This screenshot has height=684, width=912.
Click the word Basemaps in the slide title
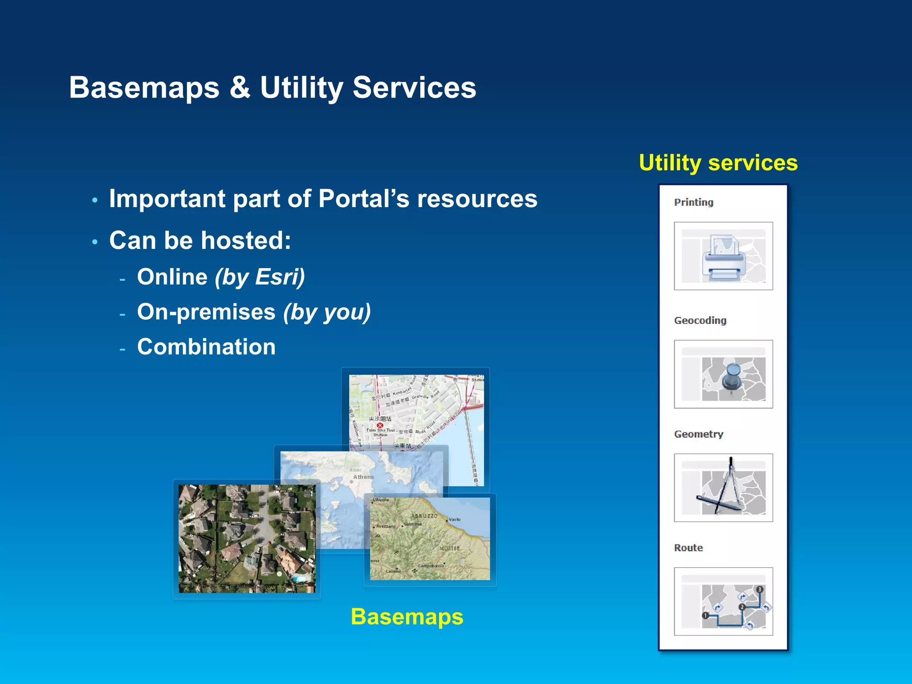[144, 88]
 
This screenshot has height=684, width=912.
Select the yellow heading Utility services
[718, 163]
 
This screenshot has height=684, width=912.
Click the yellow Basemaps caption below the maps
[407, 617]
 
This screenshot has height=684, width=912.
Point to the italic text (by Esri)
[260, 277]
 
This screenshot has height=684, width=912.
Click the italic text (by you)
[327, 312]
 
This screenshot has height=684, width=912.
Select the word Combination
[206, 347]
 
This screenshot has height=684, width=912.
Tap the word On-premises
[206, 312]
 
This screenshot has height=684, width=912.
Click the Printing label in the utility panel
[693, 203]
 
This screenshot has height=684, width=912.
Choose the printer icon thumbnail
[723, 256]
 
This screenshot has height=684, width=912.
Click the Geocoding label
[700, 321]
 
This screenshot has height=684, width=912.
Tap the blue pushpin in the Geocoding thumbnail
[732, 376]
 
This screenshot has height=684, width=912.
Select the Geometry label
[698, 434]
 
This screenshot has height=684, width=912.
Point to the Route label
[688, 548]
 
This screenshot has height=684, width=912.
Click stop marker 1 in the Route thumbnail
[705, 615]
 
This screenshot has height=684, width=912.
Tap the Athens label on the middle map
[363, 477]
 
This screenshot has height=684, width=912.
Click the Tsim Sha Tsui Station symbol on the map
[380, 425]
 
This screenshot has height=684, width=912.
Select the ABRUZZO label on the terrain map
[424, 516]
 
